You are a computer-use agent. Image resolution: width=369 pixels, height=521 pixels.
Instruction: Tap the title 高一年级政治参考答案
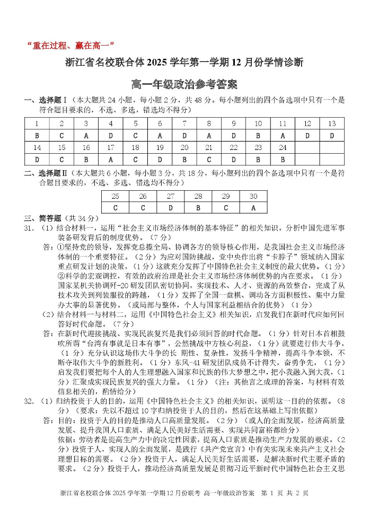[184, 84]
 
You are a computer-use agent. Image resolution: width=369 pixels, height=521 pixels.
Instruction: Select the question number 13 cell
[332, 123]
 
